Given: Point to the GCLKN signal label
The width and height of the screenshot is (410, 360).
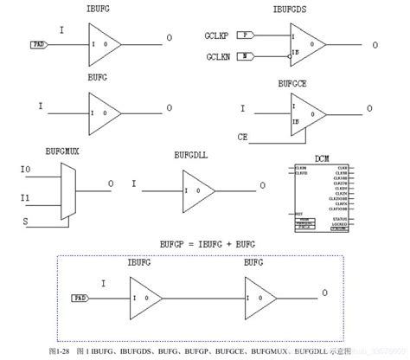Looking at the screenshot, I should click(x=218, y=56).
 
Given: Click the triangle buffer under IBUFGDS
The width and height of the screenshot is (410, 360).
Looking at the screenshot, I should click(x=307, y=46).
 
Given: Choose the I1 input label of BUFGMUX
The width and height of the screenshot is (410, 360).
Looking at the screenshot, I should click(x=24, y=197).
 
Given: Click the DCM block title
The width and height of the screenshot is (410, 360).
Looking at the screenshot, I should click(x=324, y=158).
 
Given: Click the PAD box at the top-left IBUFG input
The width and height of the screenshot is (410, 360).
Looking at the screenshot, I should click(x=39, y=43).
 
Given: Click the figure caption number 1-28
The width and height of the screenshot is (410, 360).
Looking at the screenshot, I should click(x=59, y=352).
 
